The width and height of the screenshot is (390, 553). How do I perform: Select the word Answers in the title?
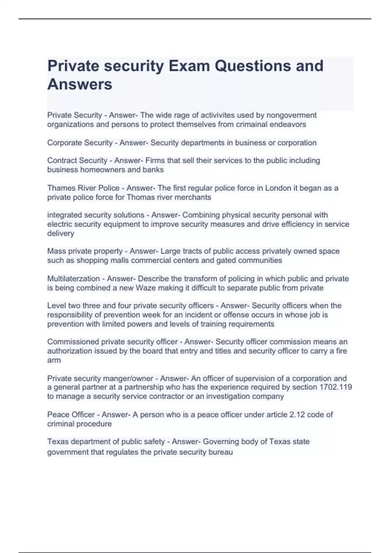click(x=80, y=84)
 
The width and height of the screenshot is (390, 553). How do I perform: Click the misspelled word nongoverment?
click(x=291, y=115)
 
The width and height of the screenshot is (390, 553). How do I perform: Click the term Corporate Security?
click(x=80, y=142)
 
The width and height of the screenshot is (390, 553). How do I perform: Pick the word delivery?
click(x=61, y=233)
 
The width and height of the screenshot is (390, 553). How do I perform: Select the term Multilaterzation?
click(x=73, y=278)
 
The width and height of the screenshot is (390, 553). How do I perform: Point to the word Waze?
click(x=146, y=288)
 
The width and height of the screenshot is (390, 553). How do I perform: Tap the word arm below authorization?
click(x=54, y=360)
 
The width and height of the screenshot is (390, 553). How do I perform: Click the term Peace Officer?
click(x=71, y=414)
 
